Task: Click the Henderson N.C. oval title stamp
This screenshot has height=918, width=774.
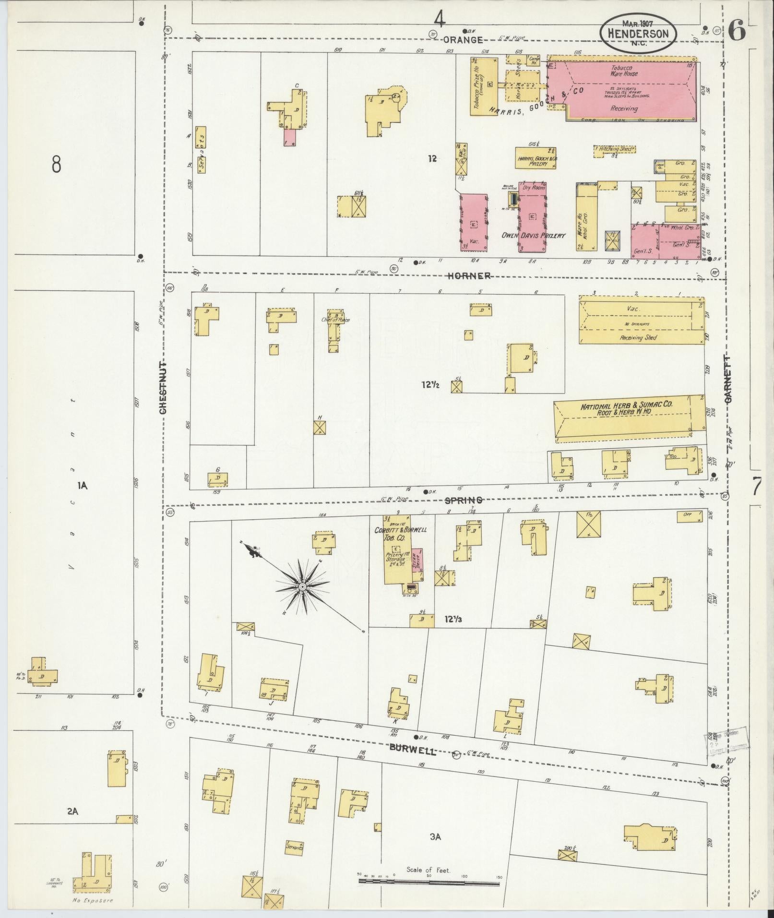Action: [638, 33]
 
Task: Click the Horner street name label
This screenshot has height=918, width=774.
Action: [469, 275]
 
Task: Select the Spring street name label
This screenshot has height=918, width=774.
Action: [463, 500]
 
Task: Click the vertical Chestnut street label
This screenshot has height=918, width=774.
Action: [163, 388]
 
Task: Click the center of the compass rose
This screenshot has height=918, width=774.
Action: [303, 587]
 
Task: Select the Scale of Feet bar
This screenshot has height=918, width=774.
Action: [429, 882]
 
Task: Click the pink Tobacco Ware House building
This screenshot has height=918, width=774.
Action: [624, 89]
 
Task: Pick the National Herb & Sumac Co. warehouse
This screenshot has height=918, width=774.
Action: [626, 416]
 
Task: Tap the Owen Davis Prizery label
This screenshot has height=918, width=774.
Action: [533, 236]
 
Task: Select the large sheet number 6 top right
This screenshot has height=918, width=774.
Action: [737, 32]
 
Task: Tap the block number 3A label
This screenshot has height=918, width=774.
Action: [435, 837]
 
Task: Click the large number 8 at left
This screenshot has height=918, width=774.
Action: [57, 165]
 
